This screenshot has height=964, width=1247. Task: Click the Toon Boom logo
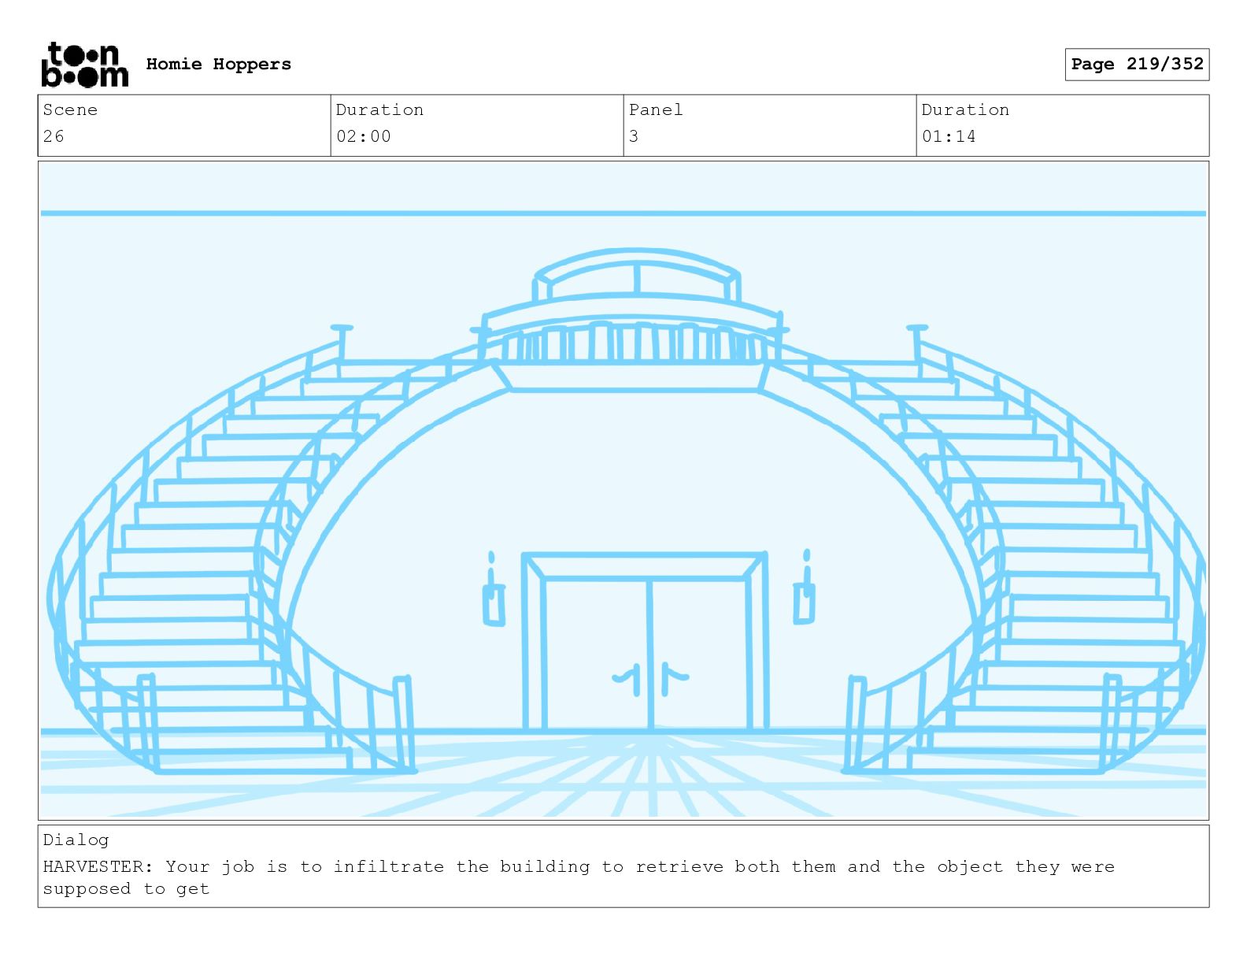[84, 65]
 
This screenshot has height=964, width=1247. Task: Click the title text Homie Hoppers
[218, 65]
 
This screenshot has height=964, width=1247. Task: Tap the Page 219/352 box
[1136, 65]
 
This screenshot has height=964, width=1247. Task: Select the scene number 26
[54, 136]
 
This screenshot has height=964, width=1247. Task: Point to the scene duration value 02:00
[363, 136]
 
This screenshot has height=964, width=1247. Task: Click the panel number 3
[634, 136]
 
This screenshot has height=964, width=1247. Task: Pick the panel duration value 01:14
[949, 136]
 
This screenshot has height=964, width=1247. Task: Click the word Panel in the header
[656, 110]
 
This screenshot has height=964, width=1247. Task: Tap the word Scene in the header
[70, 110]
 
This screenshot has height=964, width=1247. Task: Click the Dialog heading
[76, 840]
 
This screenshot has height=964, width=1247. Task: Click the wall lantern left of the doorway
[493, 599]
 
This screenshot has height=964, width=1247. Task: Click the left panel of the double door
[596, 654]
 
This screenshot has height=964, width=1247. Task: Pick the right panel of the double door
[700, 654]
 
